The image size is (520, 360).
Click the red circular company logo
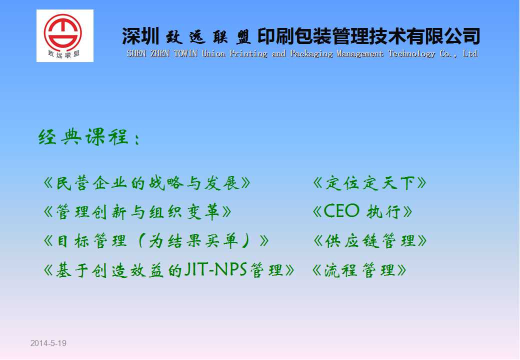62,32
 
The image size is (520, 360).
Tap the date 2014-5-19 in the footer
48,343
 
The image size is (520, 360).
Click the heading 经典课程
83,136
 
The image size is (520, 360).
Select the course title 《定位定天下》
369,183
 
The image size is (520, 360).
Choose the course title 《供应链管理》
370,240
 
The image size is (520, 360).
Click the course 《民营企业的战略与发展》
147,183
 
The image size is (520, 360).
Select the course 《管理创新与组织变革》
137,212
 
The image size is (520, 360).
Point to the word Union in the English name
213,53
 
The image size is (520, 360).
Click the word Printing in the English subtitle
248,54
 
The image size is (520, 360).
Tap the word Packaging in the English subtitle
311,54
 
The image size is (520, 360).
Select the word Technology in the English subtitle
411,54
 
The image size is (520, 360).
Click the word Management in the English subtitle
360,54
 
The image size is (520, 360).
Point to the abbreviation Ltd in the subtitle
470,53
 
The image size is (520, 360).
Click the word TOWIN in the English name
185,53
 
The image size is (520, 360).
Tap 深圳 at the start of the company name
141,36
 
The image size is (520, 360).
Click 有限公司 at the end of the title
443,36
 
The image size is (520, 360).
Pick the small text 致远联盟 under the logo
63,54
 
